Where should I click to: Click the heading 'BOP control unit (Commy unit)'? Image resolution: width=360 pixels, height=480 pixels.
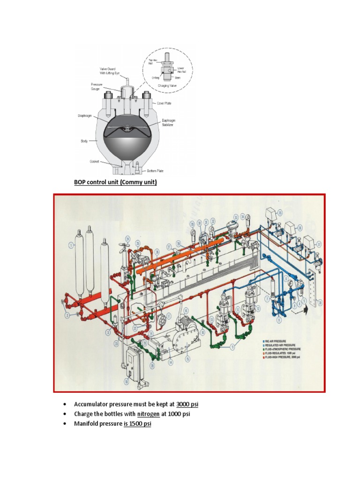coord(115,182)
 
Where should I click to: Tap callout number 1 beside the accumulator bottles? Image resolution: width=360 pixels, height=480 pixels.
coord(71,244)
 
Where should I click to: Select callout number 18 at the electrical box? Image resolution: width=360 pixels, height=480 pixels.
coord(126,382)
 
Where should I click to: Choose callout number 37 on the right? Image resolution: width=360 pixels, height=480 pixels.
coord(319,244)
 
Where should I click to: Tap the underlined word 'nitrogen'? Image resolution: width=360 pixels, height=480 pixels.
coord(149,414)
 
